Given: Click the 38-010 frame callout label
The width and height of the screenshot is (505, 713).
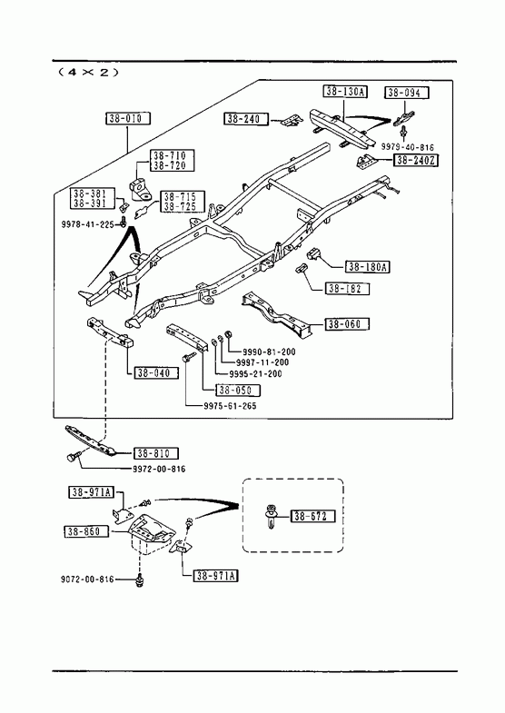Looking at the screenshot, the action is tap(128, 119).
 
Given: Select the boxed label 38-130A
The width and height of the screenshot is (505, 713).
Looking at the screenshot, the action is tap(345, 92).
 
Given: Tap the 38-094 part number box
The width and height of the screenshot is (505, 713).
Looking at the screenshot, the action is tap(407, 93).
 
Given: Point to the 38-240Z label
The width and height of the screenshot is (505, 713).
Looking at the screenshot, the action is tap(416, 160).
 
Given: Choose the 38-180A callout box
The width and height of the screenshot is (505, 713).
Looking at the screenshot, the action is tap(367, 266).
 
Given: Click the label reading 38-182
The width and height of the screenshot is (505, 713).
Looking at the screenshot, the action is tap(347, 288).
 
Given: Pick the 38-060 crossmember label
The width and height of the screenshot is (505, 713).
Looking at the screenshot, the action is tap(347, 323).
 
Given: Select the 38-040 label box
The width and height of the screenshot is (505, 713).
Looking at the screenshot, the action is tap(156, 373).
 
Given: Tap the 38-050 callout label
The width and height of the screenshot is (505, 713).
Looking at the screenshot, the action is tap(238, 391).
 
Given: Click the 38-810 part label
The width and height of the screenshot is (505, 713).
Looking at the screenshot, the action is tap(156, 453).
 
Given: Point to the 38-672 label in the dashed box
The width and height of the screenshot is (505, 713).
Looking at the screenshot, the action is tap(313, 516).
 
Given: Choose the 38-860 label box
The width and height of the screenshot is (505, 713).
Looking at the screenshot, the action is tap(86, 531).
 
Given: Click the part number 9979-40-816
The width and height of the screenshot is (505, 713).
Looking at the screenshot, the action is tap(407, 147).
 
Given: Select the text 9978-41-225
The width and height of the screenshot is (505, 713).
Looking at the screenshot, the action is tap(88, 224).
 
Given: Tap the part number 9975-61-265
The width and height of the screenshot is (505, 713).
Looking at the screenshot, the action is tap(230, 406).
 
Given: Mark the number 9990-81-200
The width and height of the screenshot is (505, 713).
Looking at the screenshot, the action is tap(269, 352).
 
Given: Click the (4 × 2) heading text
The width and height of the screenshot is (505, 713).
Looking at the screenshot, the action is tap(89, 72).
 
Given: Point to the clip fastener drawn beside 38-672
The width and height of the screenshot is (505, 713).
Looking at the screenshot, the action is tap(272, 517).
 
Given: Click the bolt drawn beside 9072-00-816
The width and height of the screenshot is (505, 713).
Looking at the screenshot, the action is tap(140, 580).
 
